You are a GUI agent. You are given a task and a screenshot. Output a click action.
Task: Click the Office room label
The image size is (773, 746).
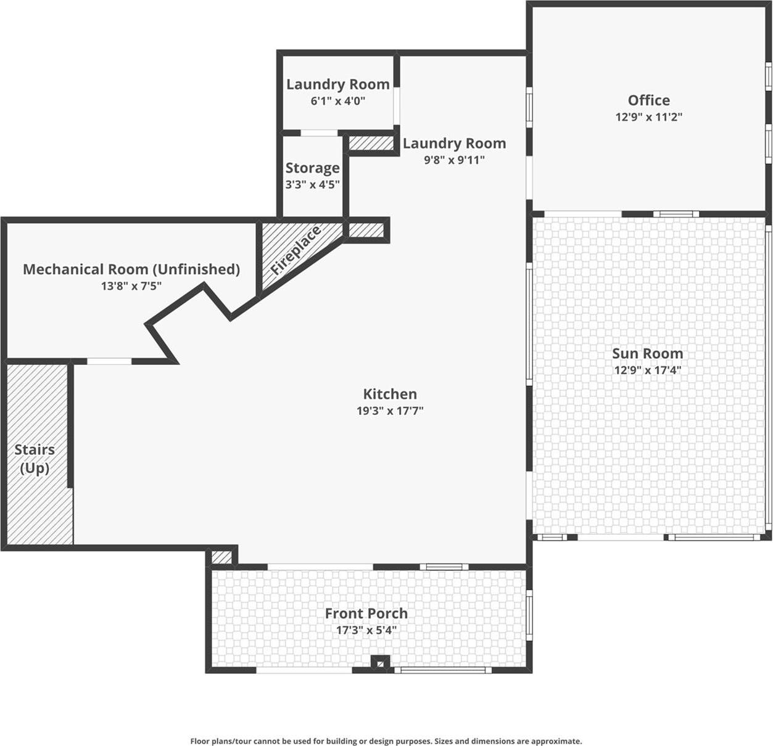(x=648, y=100)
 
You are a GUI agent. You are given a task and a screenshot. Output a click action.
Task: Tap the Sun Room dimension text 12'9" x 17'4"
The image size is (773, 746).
(x=647, y=370)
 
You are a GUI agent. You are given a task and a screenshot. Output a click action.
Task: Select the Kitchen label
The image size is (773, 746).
(x=389, y=394)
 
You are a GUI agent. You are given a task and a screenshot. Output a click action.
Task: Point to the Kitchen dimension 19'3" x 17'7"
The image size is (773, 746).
(x=389, y=411)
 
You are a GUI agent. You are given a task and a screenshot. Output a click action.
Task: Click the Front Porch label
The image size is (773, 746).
(x=366, y=613)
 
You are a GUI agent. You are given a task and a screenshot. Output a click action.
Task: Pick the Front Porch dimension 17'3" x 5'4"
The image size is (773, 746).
(x=366, y=630)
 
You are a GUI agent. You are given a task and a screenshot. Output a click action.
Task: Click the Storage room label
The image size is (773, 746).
(x=312, y=168)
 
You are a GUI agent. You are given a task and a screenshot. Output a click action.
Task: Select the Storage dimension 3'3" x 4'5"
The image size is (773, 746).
(x=312, y=184)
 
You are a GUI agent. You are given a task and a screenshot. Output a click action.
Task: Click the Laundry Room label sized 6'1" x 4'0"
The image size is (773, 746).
(x=337, y=84)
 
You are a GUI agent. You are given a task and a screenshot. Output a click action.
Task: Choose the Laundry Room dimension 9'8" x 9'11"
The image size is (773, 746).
(x=454, y=160)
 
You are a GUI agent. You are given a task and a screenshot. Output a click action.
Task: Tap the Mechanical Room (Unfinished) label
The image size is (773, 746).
(x=131, y=269)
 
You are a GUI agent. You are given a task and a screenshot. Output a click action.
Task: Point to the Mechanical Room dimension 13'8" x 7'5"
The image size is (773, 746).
(x=131, y=286)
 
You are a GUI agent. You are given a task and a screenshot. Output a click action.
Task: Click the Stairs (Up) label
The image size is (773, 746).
(x=35, y=459)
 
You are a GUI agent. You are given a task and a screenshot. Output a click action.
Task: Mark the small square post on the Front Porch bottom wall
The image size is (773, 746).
(x=381, y=663)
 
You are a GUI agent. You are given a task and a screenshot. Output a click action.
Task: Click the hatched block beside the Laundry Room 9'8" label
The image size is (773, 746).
(x=371, y=143)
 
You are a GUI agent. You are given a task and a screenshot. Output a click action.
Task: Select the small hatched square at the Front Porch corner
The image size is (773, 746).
(x=221, y=557)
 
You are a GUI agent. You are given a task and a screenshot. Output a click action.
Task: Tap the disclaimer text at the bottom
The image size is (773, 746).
(x=386, y=741)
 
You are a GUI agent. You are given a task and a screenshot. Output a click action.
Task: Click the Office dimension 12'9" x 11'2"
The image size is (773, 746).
(x=648, y=117)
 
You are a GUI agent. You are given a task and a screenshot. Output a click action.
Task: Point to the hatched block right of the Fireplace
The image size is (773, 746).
(x=366, y=230)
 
